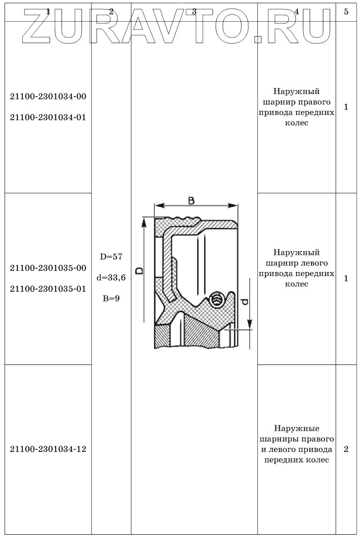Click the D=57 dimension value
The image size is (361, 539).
click(111, 256)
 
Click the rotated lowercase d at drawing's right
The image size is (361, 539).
click(245, 301)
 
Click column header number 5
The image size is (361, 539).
click(346, 12)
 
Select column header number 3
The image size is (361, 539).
click(194, 12)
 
